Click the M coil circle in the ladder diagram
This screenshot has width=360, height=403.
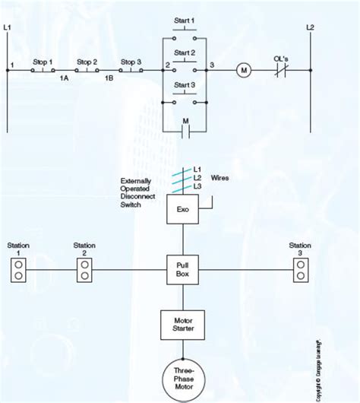point(244,70)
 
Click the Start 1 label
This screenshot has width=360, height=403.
point(185,20)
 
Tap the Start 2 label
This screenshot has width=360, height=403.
point(185,52)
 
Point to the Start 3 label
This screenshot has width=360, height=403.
point(185,84)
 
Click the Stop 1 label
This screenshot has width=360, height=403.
point(43,61)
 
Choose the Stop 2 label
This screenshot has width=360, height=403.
point(87,61)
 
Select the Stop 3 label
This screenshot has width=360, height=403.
point(131,61)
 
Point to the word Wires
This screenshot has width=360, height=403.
point(220,178)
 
